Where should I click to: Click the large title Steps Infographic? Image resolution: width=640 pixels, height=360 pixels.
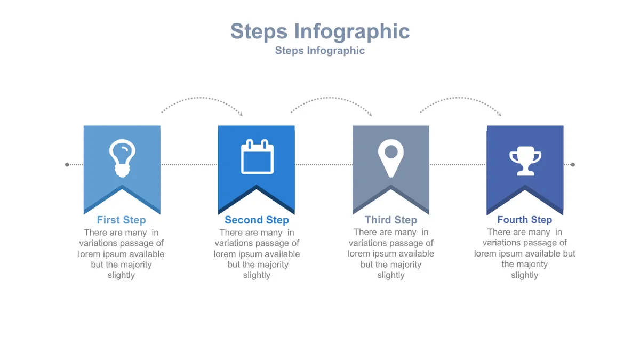(320, 31)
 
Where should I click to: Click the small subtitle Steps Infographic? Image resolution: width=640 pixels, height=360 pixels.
(319, 51)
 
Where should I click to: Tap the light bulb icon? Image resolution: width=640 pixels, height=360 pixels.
(122, 158)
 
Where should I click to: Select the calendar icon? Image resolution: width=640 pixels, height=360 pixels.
(257, 157)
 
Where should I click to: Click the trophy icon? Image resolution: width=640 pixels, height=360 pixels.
(525, 161)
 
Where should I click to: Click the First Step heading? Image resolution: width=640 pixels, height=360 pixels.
(121, 220)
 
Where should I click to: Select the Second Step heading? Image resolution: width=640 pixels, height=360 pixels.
(257, 220)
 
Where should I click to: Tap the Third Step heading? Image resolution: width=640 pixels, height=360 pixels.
(391, 220)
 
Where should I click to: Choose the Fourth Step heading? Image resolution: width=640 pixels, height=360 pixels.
(525, 220)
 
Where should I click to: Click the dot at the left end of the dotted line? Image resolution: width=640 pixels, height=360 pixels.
(67, 165)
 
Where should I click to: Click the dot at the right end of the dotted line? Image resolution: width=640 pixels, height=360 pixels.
(573, 165)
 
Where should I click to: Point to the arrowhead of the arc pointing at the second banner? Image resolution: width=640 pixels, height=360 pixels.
(241, 114)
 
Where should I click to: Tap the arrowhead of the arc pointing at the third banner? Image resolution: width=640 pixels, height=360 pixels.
(370, 114)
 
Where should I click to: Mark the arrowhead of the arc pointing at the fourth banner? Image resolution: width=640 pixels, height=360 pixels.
(499, 114)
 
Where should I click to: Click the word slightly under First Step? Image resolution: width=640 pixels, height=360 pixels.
(121, 275)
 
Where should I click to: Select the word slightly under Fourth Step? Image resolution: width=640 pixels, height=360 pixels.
(525, 275)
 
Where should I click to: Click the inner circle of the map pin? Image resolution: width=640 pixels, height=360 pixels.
(391, 151)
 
